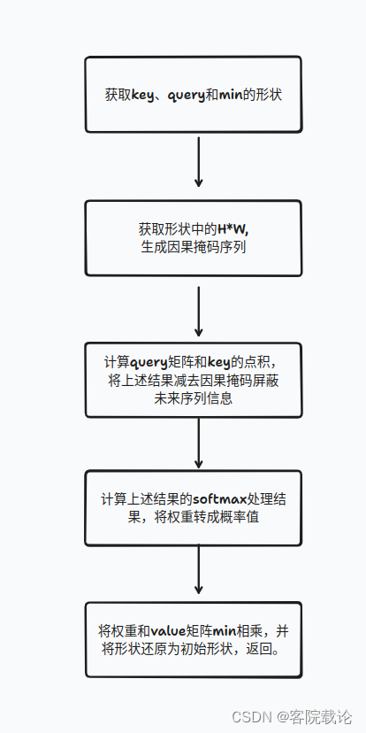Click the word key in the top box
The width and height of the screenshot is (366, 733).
point(141,95)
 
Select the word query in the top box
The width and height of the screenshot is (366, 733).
point(184,95)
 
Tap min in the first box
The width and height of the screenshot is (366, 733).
point(233,95)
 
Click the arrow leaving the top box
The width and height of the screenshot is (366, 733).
point(198,159)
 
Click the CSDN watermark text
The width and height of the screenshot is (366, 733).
point(251,715)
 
